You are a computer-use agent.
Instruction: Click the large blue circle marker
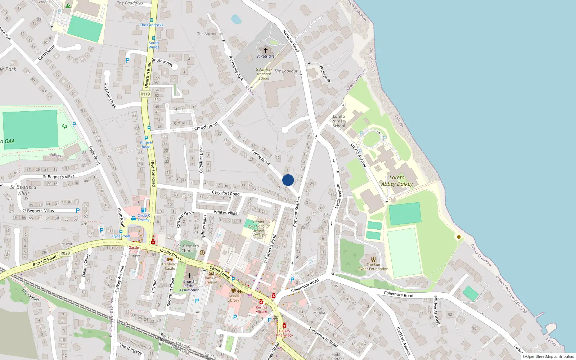[x=288, y=180]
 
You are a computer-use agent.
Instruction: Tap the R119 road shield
[x=145, y=94]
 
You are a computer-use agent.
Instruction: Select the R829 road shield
[x=65, y=253]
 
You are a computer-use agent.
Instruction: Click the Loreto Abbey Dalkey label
[x=397, y=181]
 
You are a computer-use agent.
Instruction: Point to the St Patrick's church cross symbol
[x=266, y=50]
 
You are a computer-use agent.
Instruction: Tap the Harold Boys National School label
[x=258, y=228]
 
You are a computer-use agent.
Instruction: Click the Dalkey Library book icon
[x=233, y=290]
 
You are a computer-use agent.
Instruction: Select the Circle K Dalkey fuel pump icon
[x=143, y=210]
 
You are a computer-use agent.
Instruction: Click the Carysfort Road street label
[x=225, y=193]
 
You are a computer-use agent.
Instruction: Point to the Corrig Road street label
[x=260, y=158]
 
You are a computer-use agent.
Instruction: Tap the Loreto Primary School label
[x=339, y=121]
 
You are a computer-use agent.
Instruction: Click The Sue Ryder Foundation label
[x=373, y=267]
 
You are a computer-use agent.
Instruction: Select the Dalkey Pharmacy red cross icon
[x=284, y=325]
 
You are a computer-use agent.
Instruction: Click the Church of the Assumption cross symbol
[x=189, y=275]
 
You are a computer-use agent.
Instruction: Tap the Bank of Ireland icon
[x=211, y=273]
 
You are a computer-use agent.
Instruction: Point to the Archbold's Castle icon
[x=170, y=259]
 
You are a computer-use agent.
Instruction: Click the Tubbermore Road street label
[x=323, y=337]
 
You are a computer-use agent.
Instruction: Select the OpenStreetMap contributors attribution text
[x=548, y=357]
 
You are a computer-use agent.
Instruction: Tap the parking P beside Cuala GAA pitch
[x=74, y=125]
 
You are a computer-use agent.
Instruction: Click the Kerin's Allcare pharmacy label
[x=261, y=309]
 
